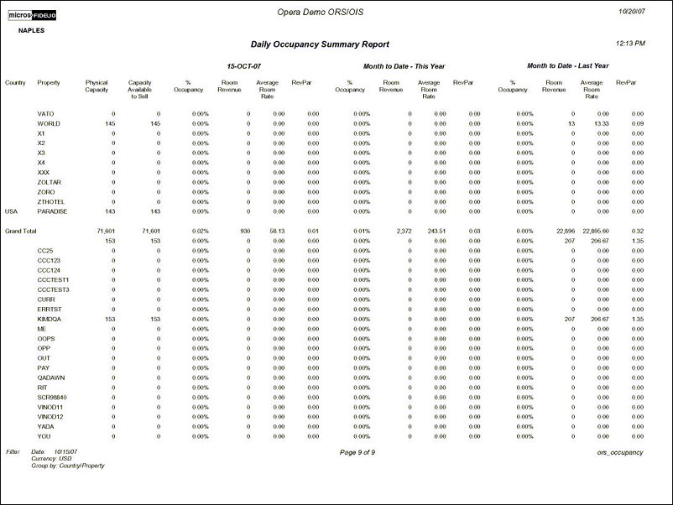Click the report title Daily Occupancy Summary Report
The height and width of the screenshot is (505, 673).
320,44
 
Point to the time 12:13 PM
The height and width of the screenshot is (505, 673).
630,42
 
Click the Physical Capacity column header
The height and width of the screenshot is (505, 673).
97,87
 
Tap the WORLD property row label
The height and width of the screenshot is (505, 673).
49,123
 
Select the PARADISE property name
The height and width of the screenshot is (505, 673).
52,211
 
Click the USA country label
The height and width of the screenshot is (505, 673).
11,211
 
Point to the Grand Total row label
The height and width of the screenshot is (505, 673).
21,231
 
